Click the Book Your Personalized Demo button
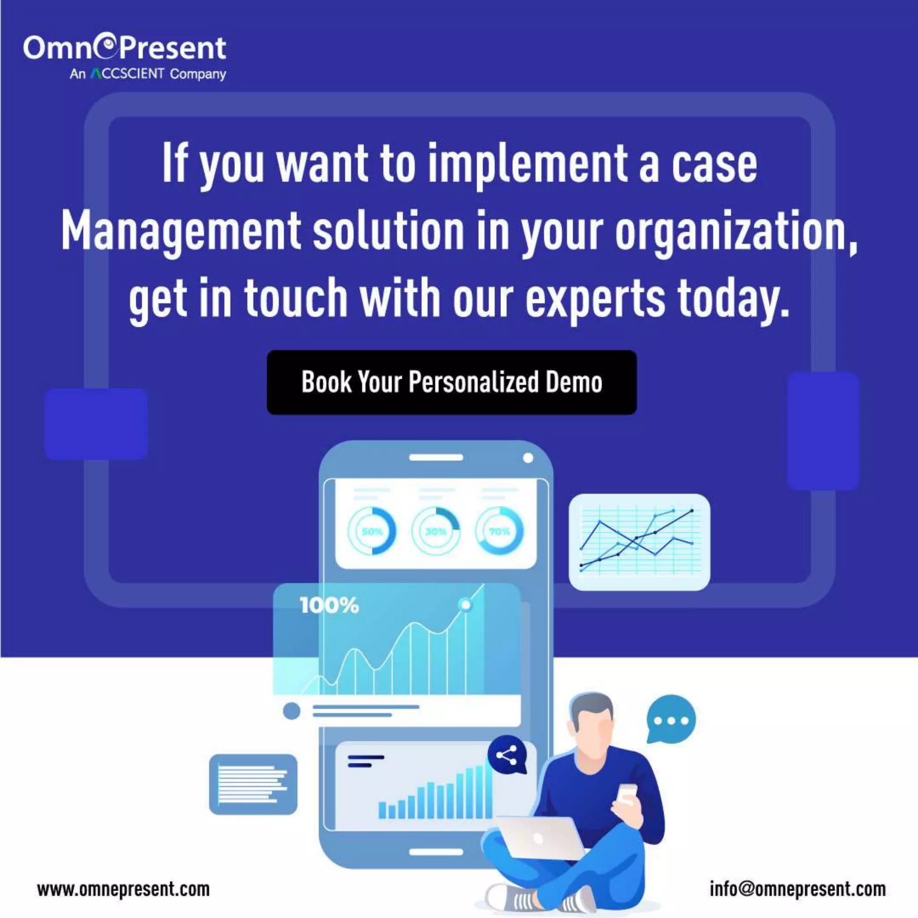point(451,382)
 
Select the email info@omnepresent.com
point(798,889)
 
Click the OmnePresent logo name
point(125,48)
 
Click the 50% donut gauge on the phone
point(372,531)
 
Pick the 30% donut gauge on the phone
point(436,531)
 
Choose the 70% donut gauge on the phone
point(499,531)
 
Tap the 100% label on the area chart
point(329,605)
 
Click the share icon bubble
point(507,755)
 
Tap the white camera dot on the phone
point(528,458)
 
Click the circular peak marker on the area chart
point(466,604)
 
